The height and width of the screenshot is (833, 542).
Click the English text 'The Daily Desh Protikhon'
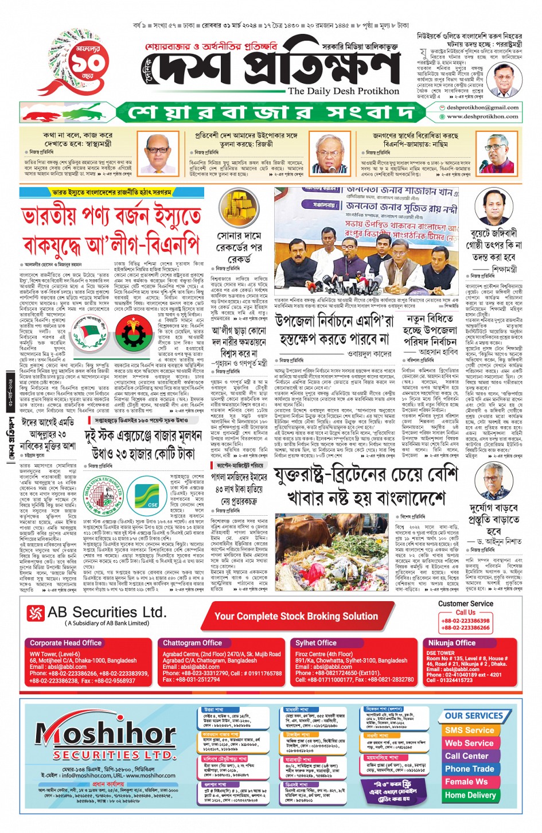click(343, 91)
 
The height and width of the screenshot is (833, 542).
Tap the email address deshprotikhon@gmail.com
click(482, 107)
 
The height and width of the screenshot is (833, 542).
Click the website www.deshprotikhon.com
click(482, 116)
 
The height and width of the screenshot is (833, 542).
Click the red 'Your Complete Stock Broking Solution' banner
click(296, 616)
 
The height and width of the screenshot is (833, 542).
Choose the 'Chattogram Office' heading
click(192, 643)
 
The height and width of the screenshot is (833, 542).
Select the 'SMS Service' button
click(469, 730)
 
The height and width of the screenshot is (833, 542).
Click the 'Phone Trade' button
click(469, 769)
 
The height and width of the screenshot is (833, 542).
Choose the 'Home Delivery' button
click(470, 795)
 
